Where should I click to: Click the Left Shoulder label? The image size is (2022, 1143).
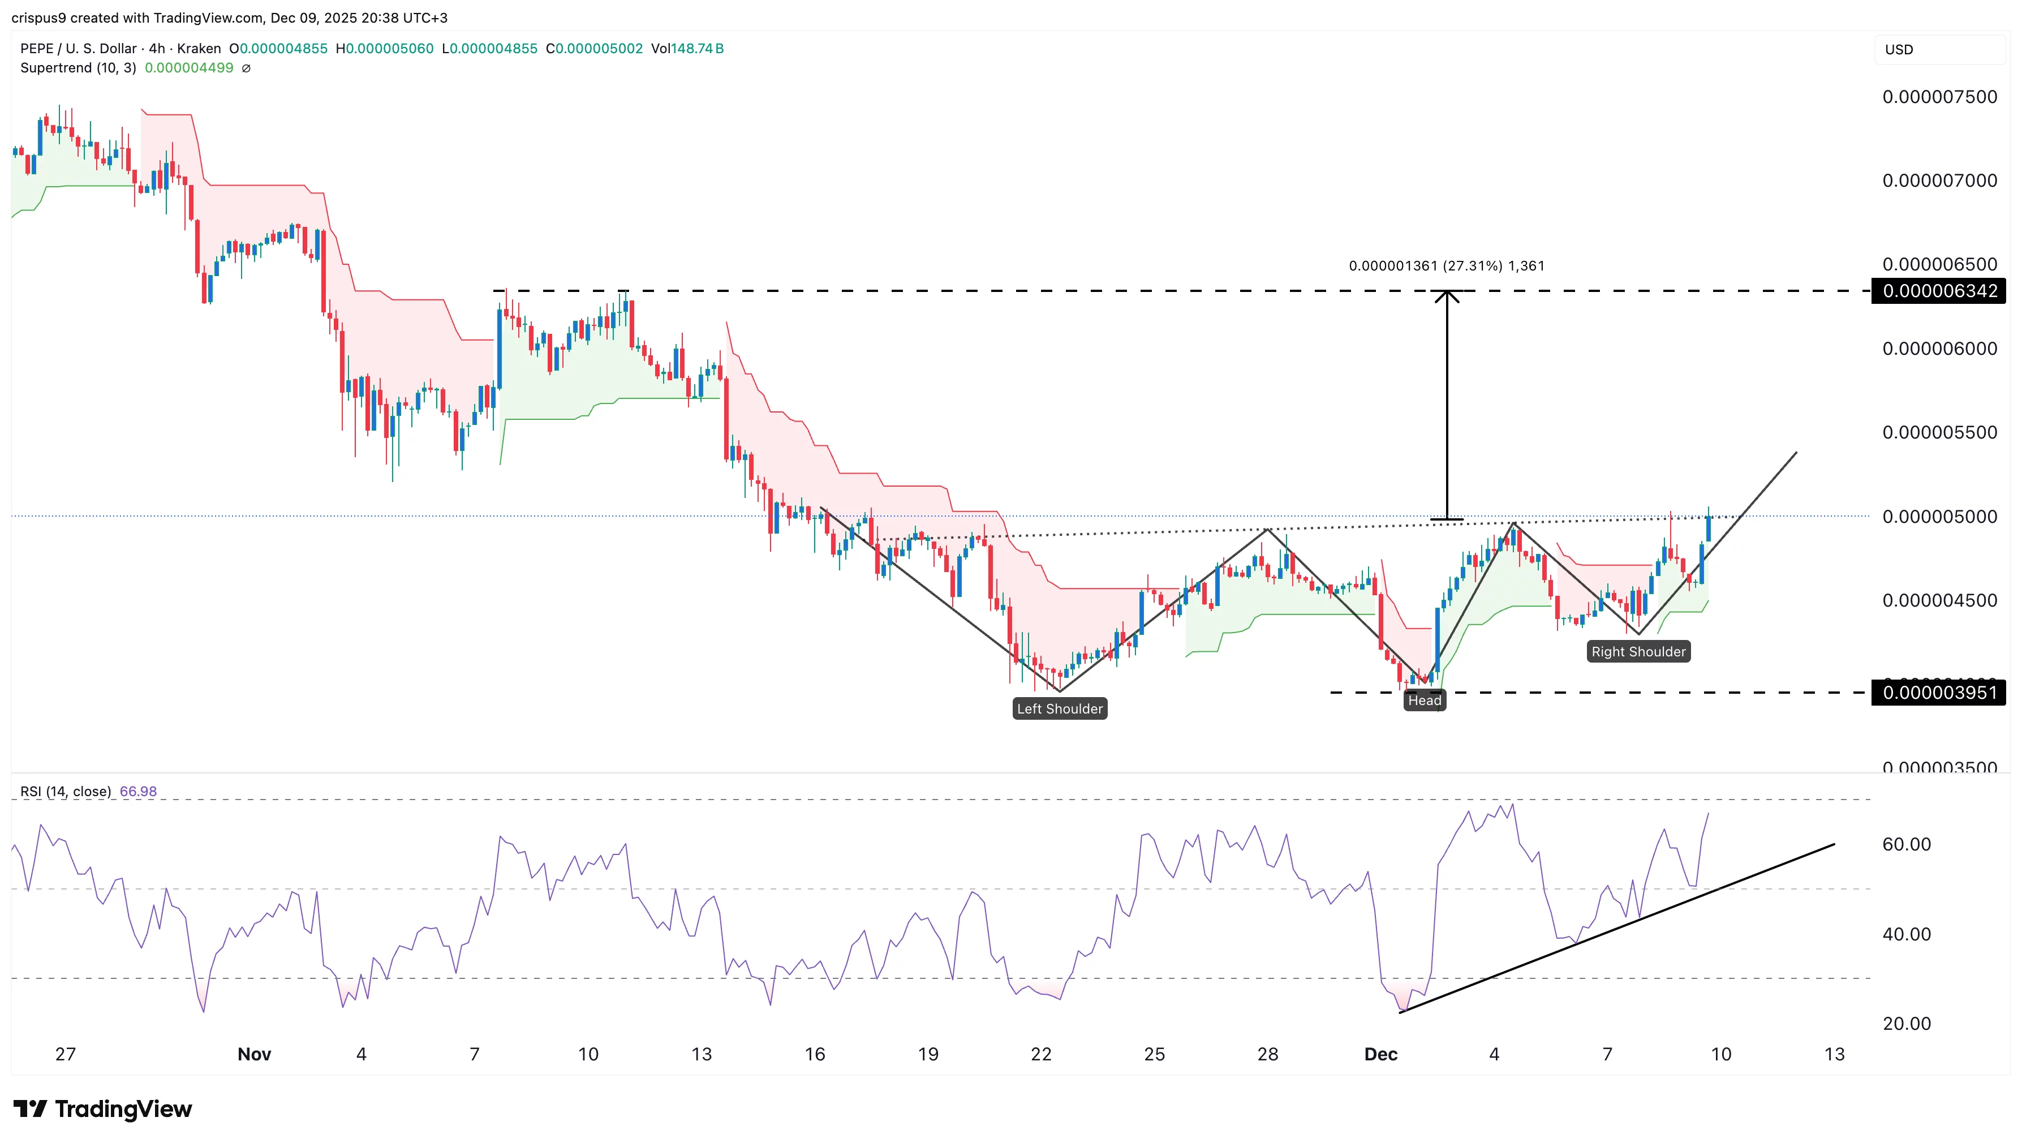[x=1060, y=709]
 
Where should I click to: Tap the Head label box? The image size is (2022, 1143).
[x=1424, y=701]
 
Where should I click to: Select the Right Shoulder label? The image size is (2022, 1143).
[x=1638, y=652]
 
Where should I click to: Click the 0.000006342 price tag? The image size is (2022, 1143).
[x=1939, y=291]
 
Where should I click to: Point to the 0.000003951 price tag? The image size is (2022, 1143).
[x=1939, y=693]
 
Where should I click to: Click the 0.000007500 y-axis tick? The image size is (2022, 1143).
[x=1939, y=97]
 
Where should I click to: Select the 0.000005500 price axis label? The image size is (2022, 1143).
[x=1939, y=432]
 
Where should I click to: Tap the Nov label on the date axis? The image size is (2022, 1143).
[x=255, y=1054]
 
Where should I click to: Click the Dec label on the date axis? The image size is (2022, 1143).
[x=1380, y=1054]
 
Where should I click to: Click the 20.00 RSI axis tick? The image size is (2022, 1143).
[x=1907, y=1024]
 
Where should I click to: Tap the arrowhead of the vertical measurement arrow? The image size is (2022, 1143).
[x=1447, y=295]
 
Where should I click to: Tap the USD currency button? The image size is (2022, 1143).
[x=1900, y=49]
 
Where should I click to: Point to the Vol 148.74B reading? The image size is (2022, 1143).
[x=687, y=49]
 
